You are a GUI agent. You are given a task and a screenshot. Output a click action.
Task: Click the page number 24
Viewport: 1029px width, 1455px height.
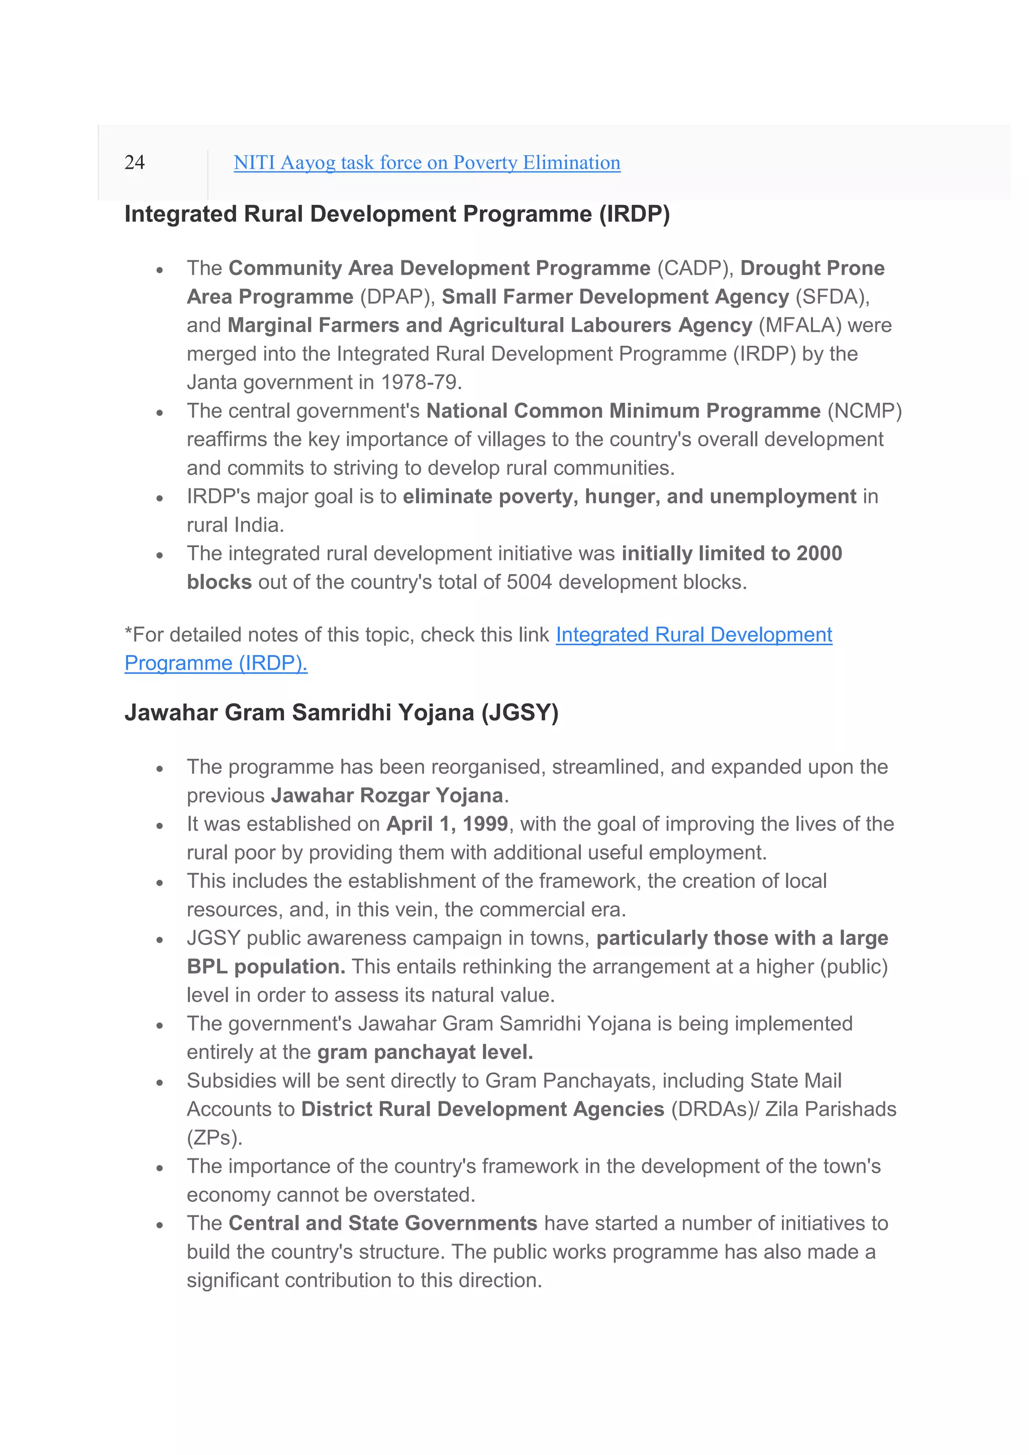134,163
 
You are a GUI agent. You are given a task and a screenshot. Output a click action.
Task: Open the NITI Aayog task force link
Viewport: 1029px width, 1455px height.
427,163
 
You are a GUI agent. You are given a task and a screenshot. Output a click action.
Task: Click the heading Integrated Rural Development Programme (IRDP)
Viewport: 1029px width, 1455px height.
396,214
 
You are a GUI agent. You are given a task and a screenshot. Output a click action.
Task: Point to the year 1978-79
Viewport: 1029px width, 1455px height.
421,383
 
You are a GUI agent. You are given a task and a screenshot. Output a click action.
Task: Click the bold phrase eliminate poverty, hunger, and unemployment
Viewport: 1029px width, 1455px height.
629,497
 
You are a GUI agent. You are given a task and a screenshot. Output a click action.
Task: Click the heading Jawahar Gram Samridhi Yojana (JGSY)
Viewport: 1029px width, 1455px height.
341,713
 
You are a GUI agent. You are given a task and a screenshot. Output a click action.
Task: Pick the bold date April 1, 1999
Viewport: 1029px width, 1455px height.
447,824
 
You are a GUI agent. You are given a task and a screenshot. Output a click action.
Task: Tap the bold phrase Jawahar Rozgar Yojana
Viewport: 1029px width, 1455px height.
387,796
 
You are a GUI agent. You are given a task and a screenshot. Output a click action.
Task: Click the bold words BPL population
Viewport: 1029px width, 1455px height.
265,967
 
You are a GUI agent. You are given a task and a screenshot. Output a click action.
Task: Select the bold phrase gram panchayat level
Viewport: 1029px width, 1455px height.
425,1053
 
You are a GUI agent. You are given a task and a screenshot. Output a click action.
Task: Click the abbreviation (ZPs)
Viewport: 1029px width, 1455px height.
214,1138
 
